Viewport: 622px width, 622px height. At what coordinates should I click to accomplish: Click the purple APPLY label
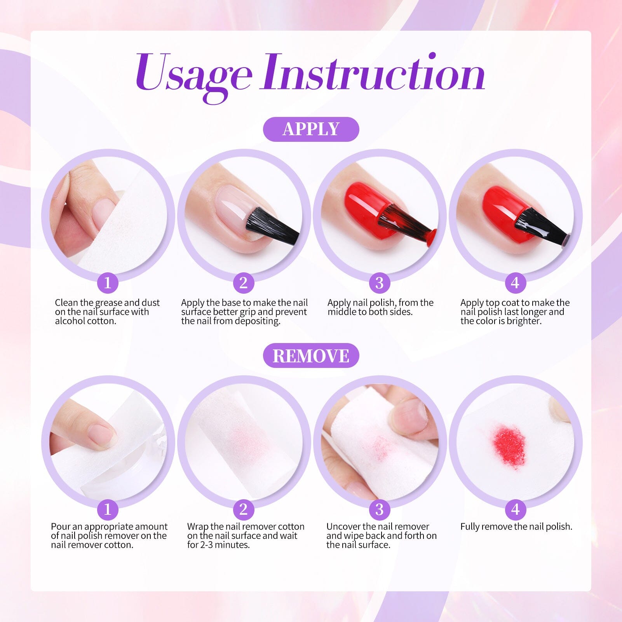click(x=311, y=129)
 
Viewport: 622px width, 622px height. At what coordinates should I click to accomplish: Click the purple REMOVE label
click(x=311, y=355)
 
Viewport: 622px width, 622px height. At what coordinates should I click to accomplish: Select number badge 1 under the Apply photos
click(x=108, y=282)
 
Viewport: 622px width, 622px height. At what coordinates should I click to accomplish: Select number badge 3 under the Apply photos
click(x=380, y=282)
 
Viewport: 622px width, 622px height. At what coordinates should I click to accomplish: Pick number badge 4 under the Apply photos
click(x=515, y=282)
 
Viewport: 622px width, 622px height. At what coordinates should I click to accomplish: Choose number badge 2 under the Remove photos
click(x=244, y=509)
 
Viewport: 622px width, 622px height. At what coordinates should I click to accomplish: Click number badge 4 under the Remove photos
click(x=515, y=509)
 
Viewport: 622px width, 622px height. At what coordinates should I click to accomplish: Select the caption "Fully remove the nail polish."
click(x=516, y=527)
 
